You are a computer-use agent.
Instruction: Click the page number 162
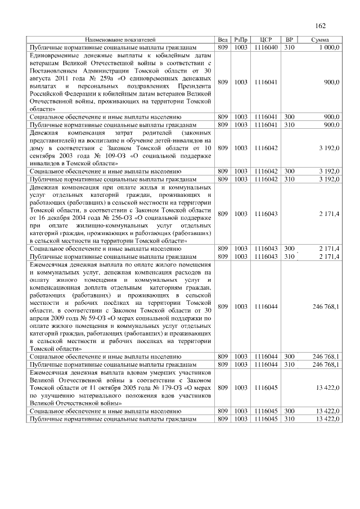coord(321,26)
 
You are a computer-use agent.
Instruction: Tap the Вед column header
coord(222,40)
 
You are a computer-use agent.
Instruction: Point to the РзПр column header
coord(241,40)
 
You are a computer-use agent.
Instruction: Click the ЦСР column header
coord(267,40)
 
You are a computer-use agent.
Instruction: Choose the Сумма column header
coord(321,40)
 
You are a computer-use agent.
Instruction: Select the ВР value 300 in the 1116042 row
coord(289,170)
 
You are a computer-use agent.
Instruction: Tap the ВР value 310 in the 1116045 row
coord(289,419)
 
